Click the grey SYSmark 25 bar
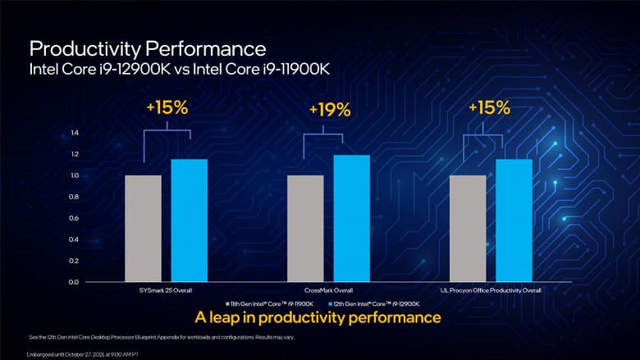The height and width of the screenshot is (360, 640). click(143, 228)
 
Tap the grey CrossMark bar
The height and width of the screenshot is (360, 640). click(305, 228)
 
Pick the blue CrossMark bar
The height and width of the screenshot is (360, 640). click(351, 218)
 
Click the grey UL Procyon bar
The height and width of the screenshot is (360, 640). click(468, 228)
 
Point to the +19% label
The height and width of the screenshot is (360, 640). click(329, 109)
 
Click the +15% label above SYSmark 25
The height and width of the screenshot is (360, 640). click(167, 107)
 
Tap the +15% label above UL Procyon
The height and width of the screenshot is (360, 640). click(490, 107)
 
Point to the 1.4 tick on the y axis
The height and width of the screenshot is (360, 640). click(75, 133)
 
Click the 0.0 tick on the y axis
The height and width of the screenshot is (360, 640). click(75, 282)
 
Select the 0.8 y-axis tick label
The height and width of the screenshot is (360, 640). click(75, 197)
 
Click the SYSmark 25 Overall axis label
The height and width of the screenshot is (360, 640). click(167, 290)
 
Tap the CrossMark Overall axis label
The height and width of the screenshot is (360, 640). click(328, 290)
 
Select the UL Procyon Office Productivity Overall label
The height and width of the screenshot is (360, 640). click(491, 290)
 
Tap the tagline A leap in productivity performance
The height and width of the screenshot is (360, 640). click(318, 317)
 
